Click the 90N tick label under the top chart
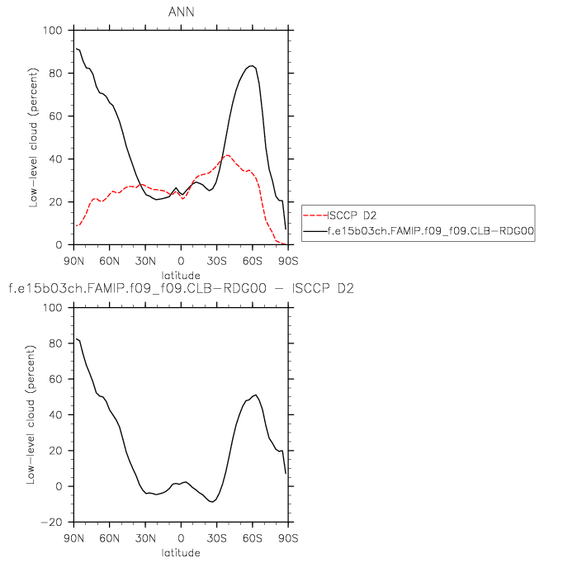click(74, 261)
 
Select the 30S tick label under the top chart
click(216, 261)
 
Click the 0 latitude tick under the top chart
click(181, 261)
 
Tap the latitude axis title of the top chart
click(181, 275)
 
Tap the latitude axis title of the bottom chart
click(181, 552)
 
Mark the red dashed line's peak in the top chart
click(228, 155)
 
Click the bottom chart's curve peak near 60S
click(256, 395)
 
